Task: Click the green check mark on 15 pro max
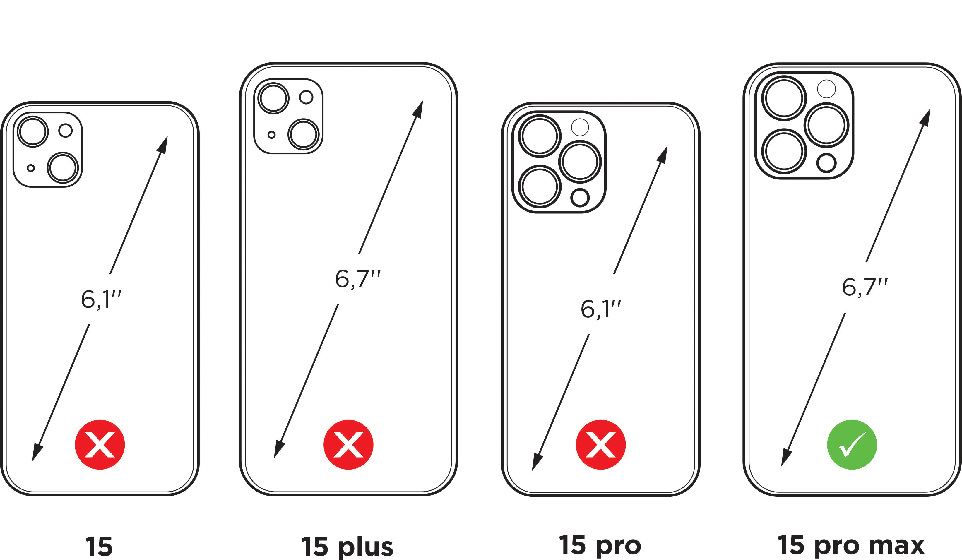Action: (852, 445)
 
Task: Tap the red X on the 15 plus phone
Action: (348, 445)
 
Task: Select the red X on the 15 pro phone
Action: (600, 445)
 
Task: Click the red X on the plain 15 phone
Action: (100, 445)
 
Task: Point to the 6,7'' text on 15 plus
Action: (357, 279)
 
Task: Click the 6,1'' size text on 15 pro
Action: (600, 309)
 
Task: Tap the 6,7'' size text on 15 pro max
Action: (865, 288)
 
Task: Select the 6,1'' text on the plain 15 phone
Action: (101, 300)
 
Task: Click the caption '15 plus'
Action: (347, 547)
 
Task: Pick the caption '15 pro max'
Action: (851, 545)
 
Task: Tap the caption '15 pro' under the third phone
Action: (600, 545)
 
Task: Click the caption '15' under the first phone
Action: (99, 547)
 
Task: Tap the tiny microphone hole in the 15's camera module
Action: (31, 168)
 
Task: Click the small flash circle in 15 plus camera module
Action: (306, 97)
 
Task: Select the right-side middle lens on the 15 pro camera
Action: (580, 162)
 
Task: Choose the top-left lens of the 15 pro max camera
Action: (784, 98)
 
